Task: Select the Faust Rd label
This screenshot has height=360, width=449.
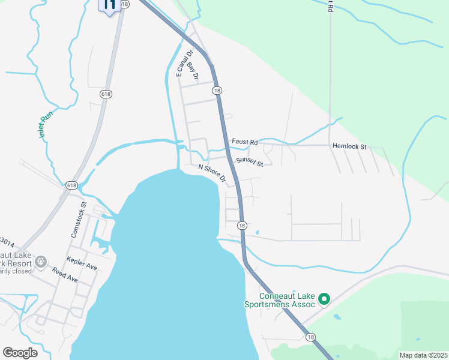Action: pyautogui.click(x=245, y=142)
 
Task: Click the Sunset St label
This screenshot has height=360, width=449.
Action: pyautogui.click(x=249, y=161)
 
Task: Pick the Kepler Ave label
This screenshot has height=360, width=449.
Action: pyautogui.click(x=83, y=265)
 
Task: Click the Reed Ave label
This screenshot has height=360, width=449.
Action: pyautogui.click(x=65, y=279)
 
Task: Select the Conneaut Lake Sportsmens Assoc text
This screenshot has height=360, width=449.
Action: pyautogui.click(x=287, y=300)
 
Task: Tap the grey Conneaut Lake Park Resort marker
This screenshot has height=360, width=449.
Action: pyautogui.click(x=41, y=262)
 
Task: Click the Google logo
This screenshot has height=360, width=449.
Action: pyautogui.click(x=20, y=353)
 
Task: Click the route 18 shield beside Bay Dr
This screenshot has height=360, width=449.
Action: pyautogui.click(x=217, y=89)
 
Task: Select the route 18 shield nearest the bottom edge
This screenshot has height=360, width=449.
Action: pyautogui.click(x=310, y=337)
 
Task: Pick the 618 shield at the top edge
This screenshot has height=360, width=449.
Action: pyautogui.click(x=124, y=4)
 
